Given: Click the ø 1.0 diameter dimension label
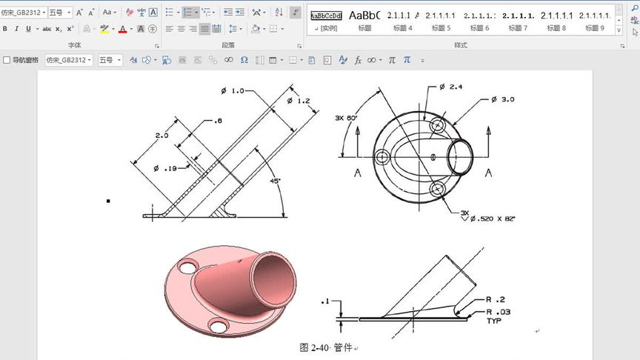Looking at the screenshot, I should pos(233,91).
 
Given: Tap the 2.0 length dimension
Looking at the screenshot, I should pos(161,136).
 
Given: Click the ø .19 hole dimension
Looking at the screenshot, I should pos(167,168).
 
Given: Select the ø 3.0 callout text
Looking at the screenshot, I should pos(503,99).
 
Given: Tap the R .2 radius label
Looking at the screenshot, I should pos(496,299).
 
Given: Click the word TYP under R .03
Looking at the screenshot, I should pos(494,321).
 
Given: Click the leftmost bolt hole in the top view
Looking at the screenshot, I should pos(382,157).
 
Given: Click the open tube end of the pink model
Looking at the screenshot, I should pos(277,276).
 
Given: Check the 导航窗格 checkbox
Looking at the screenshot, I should pos(7,60).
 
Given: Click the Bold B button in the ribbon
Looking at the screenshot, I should pos(5,29).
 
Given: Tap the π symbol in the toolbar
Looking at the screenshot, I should pos(392,60).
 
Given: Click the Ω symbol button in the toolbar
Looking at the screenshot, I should pos(244,60).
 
